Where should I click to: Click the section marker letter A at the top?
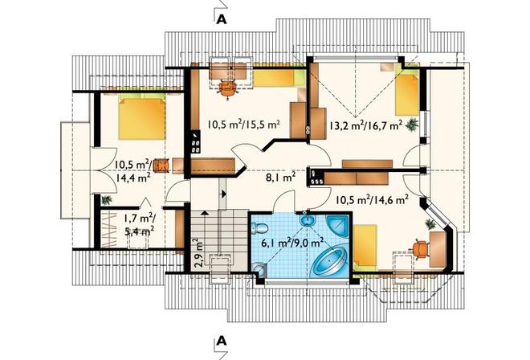pyautogui.click(x=222, y=19)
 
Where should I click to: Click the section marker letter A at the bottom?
pyautogui.click(x=222, y=341)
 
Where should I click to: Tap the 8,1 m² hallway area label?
pyautogui.click(x=281, y=176)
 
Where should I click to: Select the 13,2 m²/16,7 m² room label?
pyautogui.click(x=365, y=125)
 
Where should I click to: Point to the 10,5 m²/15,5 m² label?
pyautogui.click(x=243, y=125)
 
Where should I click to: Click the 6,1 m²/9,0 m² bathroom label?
pyautogui.click(x=293, y=243)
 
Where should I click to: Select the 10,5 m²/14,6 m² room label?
pyautogui.click(x=372, y=200)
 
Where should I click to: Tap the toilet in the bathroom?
pyautogui.click(x=259, y=227)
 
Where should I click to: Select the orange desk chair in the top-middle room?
pyautogui.click(x=227, y=88)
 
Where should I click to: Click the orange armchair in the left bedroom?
pyautogui.click(x=161, y=166)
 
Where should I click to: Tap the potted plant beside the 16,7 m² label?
pyautogui.click(x=412, y=125)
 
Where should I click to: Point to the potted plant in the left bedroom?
pyautogui.click(x=107, y=199)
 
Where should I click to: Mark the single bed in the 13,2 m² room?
pyautogui.click(x=407, y=92)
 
